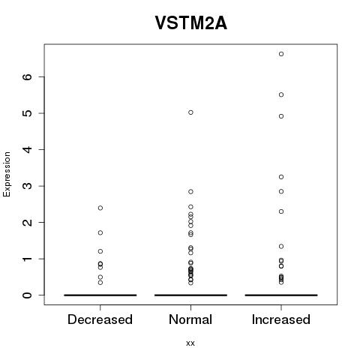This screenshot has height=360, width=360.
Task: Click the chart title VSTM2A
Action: (191, 23)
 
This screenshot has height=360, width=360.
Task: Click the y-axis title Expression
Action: (7, 174)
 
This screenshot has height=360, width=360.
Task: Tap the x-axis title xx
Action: (190, 343)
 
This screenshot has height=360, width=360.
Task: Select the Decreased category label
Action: (100, 319)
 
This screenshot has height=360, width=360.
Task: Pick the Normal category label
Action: (190, 319)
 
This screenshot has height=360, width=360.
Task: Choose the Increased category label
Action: (281, 319)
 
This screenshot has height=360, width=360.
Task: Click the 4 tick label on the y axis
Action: (28, 149)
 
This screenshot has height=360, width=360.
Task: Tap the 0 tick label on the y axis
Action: (28, 295)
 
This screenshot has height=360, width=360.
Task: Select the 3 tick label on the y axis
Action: (28, 186)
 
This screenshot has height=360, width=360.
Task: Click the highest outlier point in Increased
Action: (281, 54)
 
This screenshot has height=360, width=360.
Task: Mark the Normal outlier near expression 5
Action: (190, 112)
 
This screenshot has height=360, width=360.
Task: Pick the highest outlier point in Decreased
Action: (100, 208)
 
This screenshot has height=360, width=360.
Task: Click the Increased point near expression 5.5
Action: (281, 94)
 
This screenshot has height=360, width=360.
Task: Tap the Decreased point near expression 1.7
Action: (100, 232)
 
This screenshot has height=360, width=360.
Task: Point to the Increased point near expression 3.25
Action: (281, 177)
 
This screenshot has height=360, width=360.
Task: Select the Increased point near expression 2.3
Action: (281, 211)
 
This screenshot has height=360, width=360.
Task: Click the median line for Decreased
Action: (100, 295)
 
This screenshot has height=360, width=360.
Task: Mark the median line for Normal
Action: (190, 295)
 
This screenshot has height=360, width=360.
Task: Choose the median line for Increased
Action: (281, 295)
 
